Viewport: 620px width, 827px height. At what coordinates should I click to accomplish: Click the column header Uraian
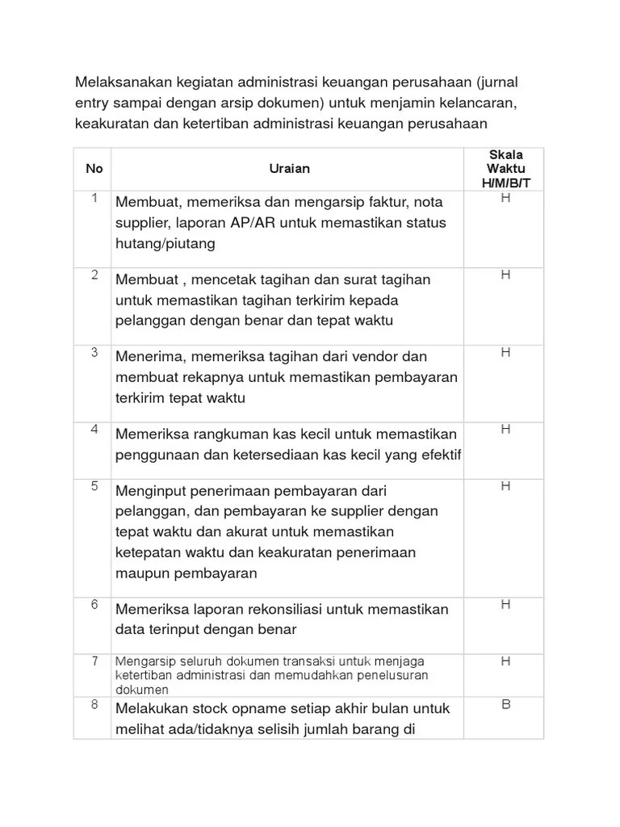click(x=289, y=169)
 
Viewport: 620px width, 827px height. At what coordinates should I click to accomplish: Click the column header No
click(x=94, y=169)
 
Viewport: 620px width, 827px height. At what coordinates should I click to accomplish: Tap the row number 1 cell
click(x=94, y=198)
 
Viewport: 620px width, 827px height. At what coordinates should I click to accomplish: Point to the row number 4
click(x=94, y=429)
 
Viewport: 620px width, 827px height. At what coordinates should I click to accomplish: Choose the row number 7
click(x=94, y=661)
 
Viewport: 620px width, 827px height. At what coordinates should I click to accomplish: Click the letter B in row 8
click(x=505, y=704)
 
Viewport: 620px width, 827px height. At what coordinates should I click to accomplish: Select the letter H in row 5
click(x=505, y=485)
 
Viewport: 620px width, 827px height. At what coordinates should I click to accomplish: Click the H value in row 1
click(x=505, y=197)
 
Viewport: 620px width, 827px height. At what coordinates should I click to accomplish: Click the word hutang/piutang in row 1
click(x=165, y=243)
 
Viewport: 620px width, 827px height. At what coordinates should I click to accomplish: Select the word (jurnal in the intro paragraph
click(x=496, y=83)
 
